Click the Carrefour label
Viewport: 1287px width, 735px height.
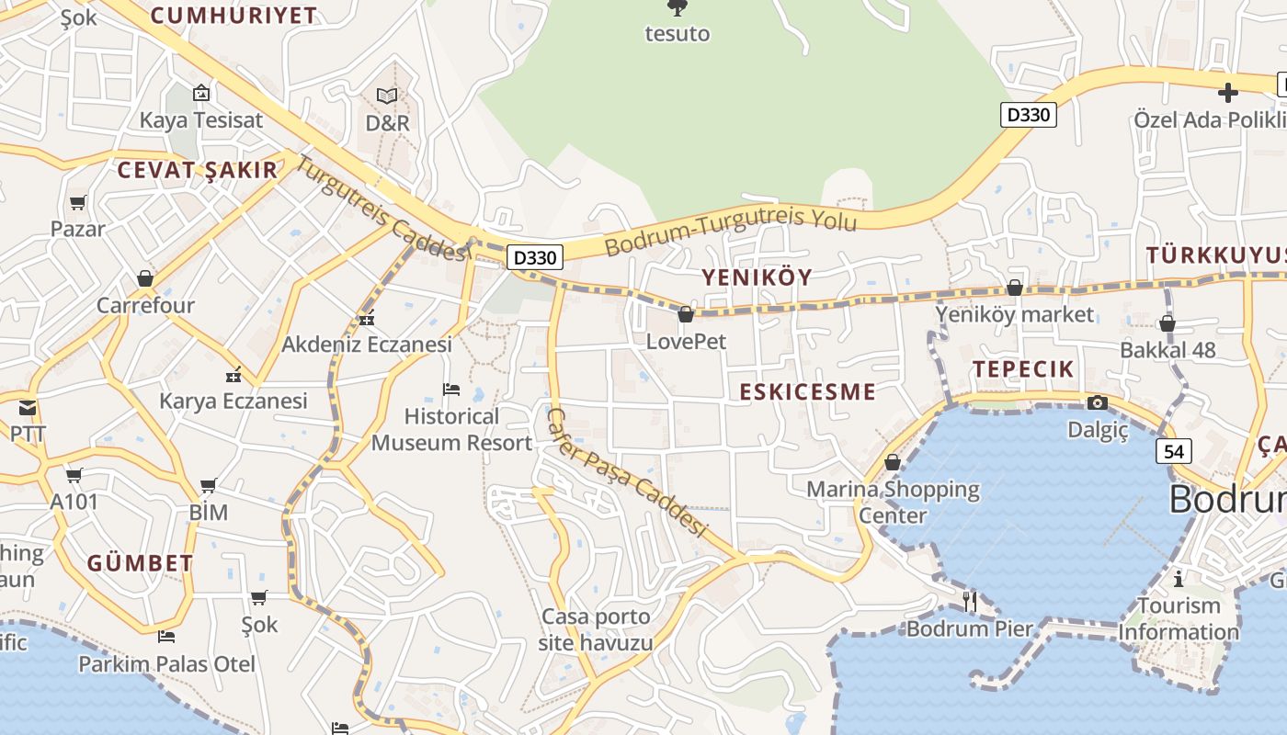[x=145, y=305]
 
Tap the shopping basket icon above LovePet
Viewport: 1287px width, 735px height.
[x=685, y=314]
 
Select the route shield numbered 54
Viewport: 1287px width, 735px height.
[x=1174, y=451]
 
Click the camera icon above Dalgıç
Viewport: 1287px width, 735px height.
[x=1097, y=402]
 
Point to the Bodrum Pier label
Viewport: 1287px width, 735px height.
[x=970, y=629]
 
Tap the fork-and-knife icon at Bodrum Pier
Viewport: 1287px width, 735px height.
[x=970, y=601]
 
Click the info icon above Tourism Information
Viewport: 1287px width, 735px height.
[x=1179, y=579]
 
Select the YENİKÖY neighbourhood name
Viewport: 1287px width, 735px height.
[x=757, y=277]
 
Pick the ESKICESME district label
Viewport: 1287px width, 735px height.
[x=807, y=392]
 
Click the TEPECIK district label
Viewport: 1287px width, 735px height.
[x=1023, y=369]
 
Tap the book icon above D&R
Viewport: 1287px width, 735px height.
[x=387, y=96]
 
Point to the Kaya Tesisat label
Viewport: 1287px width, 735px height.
[x=200, y=120]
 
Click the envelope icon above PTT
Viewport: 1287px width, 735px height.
[x=28, y=407]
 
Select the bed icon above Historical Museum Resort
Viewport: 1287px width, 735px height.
[x=451, y=389]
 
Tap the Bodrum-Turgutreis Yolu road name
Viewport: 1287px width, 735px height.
[x=731, y=233]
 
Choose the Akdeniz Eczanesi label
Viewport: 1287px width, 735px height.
[x=367, y=345]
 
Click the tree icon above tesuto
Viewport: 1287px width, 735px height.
[x=678, y=9]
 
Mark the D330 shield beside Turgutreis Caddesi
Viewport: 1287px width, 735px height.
[x=534, y=257]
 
